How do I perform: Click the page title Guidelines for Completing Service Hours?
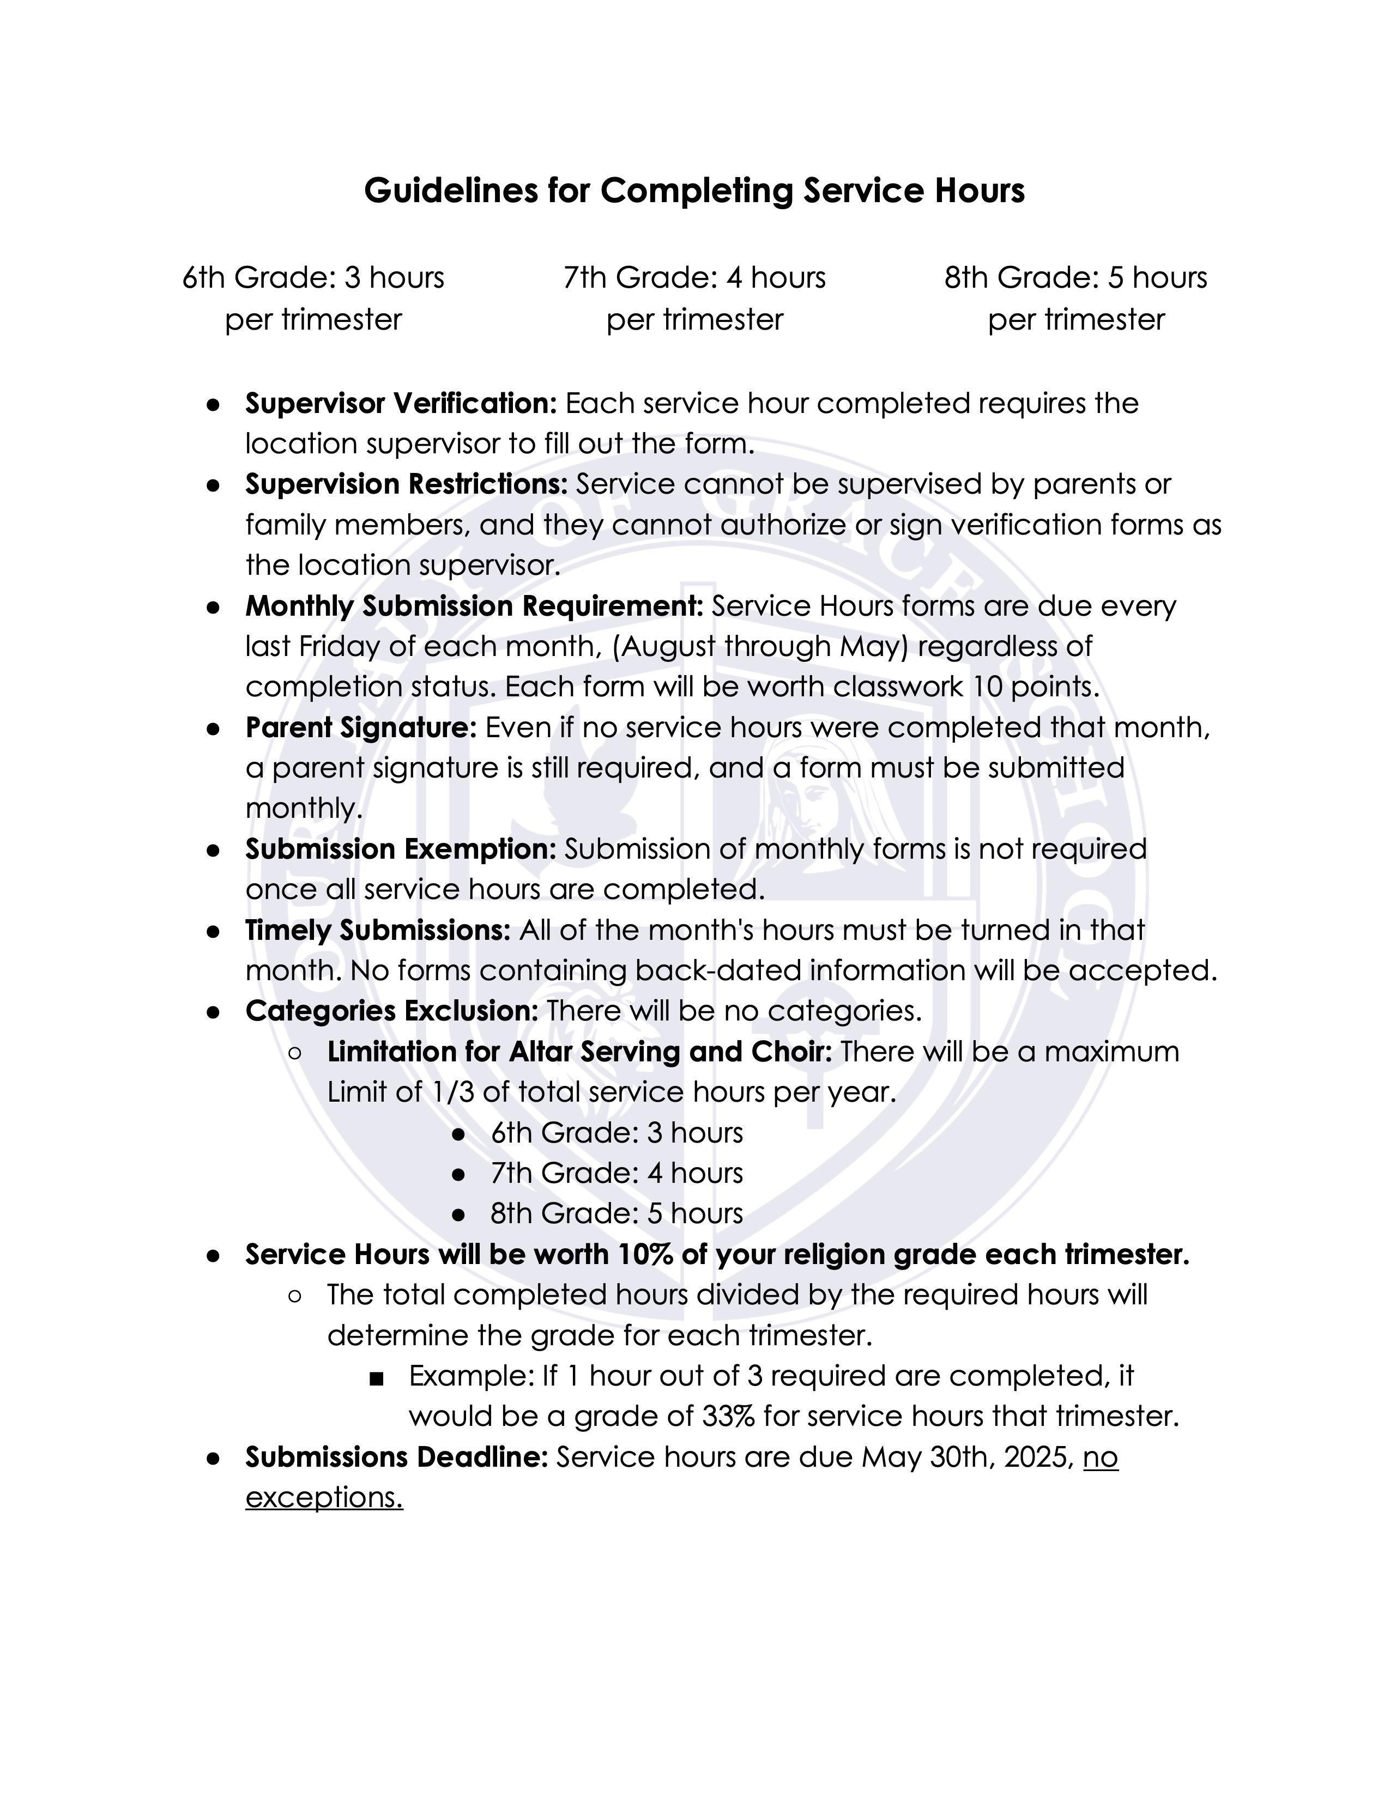coord(694,191)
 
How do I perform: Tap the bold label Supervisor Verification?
coord(401,403)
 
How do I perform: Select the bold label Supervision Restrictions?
coord(406,484)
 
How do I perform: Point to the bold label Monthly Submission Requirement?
coord(474,606)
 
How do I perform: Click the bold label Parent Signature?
coord(361,728)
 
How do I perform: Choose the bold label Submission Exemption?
coord(401,849)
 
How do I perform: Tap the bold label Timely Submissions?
coord(378,930)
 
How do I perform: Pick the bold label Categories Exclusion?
coord(391,1011)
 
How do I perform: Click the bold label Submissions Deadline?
coord(396,1457)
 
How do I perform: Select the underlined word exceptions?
coord(324,1497)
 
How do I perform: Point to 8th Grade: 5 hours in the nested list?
coord(616,1213)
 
